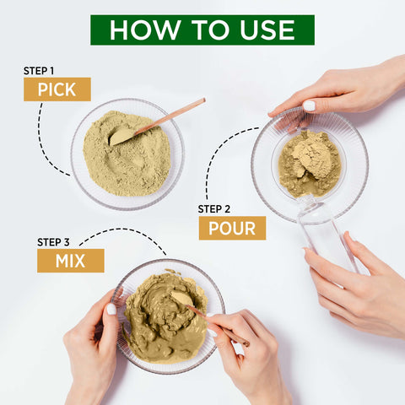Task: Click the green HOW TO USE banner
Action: (x=202, y=30)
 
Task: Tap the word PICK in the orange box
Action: (x=57, y=89)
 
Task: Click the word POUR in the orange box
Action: (x=232, y=228)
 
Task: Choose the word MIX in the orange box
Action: (x=70, y=261)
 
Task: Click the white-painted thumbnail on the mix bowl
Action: (x=111, y=309)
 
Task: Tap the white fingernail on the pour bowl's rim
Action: (x=309, y=106)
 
